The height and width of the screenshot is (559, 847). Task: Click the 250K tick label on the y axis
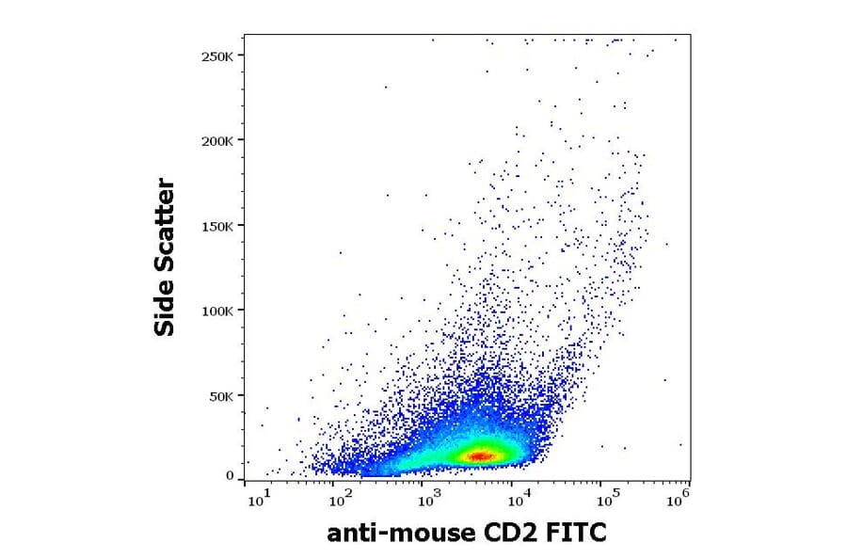click(x=218, y=56)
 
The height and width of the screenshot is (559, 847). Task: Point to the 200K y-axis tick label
click(x=218, y=140)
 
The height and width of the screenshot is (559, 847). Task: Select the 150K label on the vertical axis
click(x=218, y=226)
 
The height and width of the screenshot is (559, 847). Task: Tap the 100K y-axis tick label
click(x=218, y=311)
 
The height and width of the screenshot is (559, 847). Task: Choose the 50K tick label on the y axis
click(x=222, y=396)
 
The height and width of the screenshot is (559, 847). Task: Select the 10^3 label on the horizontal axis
click(x=427, y=498)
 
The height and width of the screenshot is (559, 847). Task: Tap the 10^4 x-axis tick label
click(x=514, y=498)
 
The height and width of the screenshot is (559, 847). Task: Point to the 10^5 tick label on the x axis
click(x=600, y=498)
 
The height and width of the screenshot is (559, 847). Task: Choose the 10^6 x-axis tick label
click(x=678, y=498)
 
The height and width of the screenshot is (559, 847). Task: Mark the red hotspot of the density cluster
click(x=481, y=455)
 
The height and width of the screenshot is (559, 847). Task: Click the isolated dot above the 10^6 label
click(x=680, y=445)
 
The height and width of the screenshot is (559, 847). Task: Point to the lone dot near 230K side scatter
click(x=386, y=88)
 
